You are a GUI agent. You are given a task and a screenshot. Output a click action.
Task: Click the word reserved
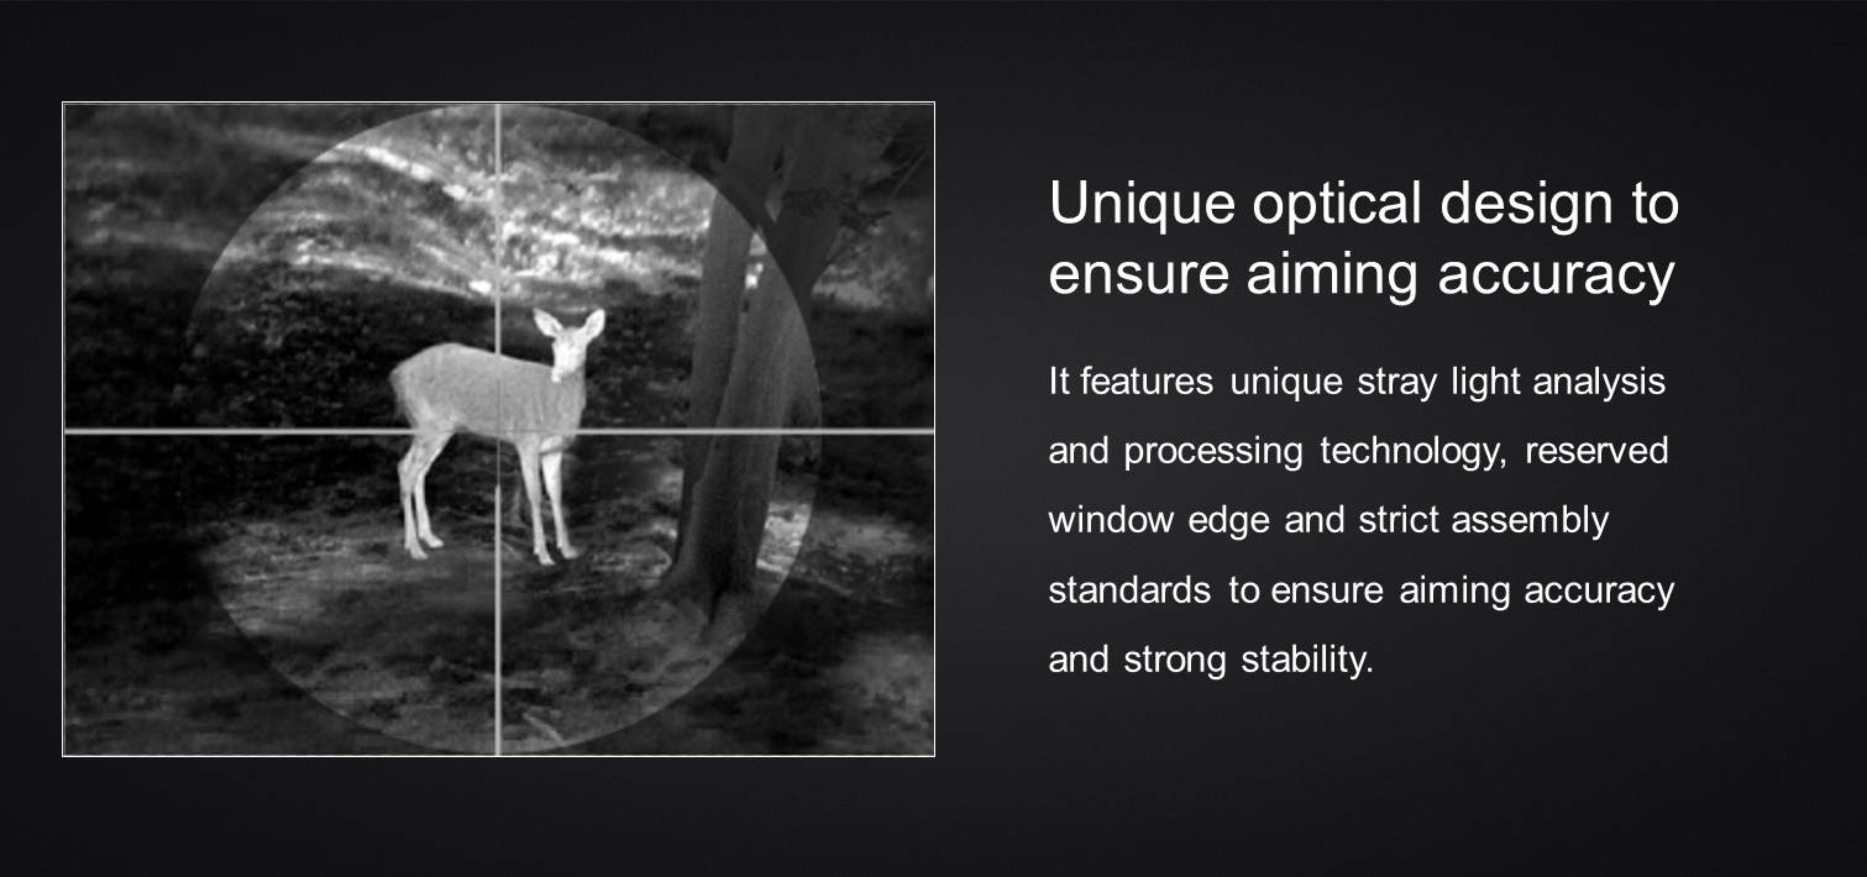click(x=1596, y=451)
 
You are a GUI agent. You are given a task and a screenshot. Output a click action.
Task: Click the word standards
click(x=1129, y=590)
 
